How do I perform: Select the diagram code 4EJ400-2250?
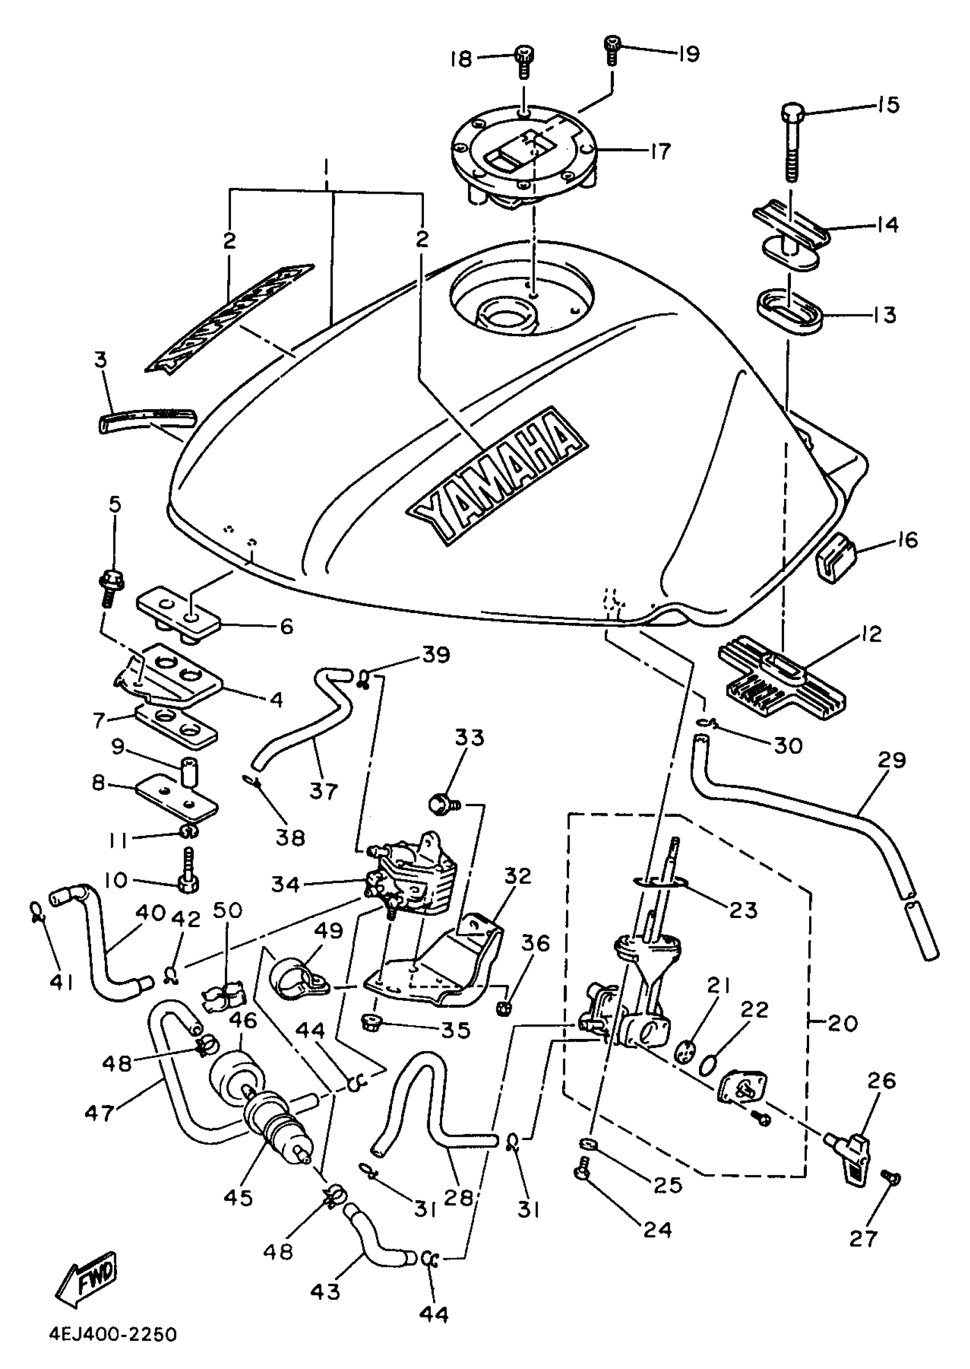113,1335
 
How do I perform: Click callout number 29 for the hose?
892,760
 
